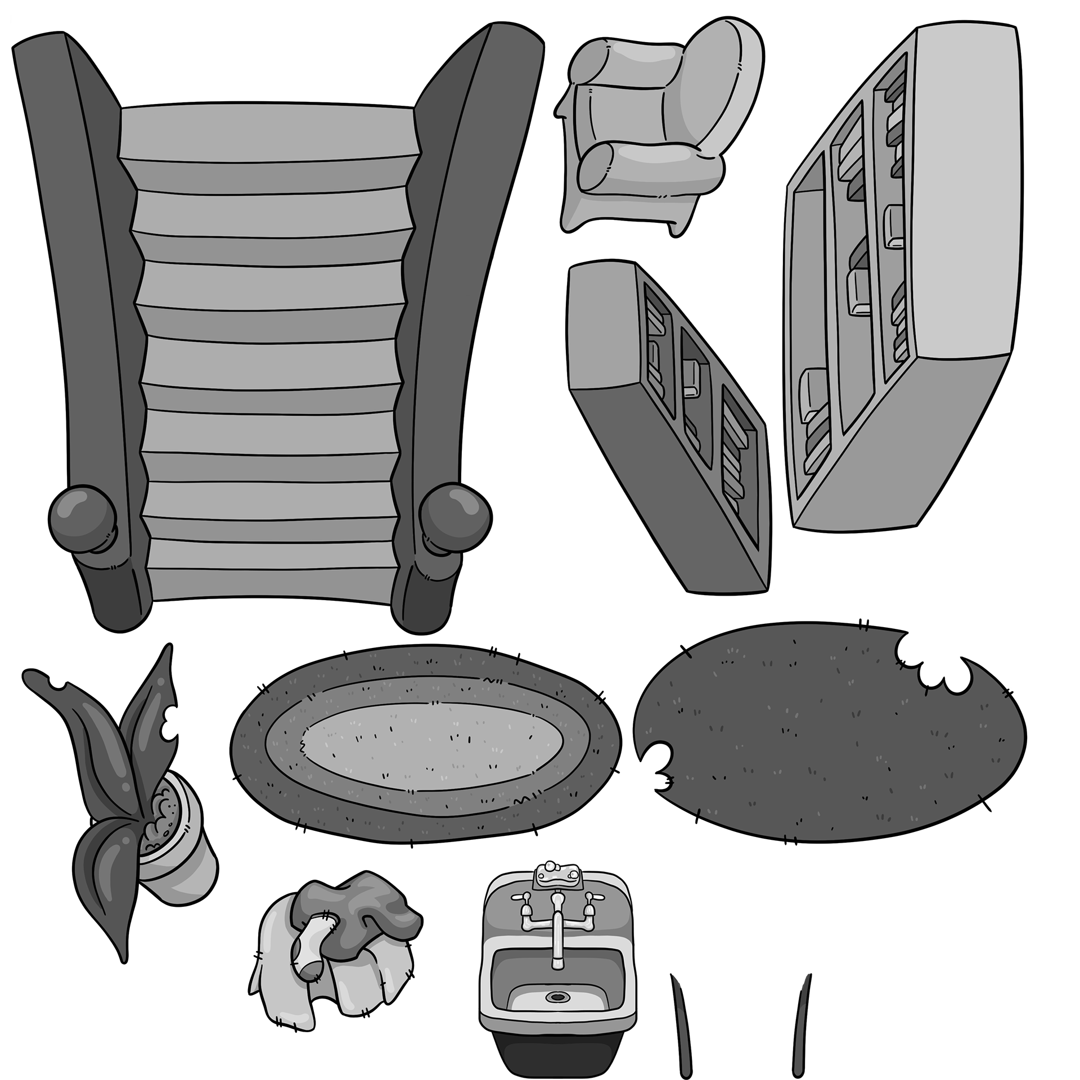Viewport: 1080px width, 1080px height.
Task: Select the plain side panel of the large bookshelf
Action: click(965, 191)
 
